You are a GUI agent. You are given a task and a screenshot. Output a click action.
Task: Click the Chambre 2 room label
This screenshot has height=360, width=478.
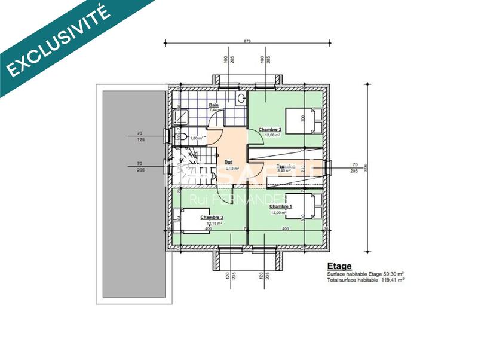point(269,129)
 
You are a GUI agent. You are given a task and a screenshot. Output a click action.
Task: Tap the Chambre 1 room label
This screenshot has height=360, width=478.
point(280,206)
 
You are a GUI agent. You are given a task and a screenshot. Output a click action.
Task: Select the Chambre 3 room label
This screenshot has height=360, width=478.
point(212,218)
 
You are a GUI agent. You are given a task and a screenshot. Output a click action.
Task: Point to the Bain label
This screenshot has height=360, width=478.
point(213,105)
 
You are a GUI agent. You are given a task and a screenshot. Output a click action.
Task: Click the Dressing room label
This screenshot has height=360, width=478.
point(285,166)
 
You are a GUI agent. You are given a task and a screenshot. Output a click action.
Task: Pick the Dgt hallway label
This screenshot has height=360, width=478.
point(228,162)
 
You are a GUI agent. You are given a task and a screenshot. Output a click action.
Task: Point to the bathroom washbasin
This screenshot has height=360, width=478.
point(241,99)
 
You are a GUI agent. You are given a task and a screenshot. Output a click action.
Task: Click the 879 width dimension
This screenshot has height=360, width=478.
point(247,41)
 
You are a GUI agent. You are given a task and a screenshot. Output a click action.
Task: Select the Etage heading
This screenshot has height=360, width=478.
point(339,266)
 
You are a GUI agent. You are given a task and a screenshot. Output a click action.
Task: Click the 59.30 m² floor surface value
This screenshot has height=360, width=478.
point(392,274)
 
